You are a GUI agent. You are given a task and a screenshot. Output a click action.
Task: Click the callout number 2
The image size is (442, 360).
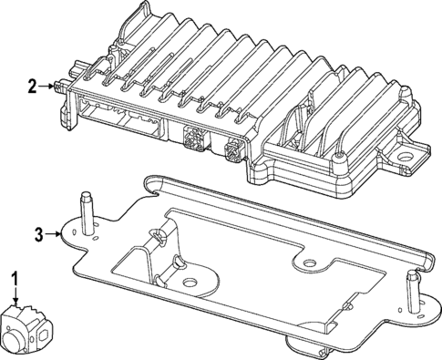click(x=32, y=87)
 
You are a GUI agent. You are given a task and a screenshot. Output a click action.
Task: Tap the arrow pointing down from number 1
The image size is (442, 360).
click(x=15, y=294)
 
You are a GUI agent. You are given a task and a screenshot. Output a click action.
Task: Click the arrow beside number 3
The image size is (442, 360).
click(x=57, y=234)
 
